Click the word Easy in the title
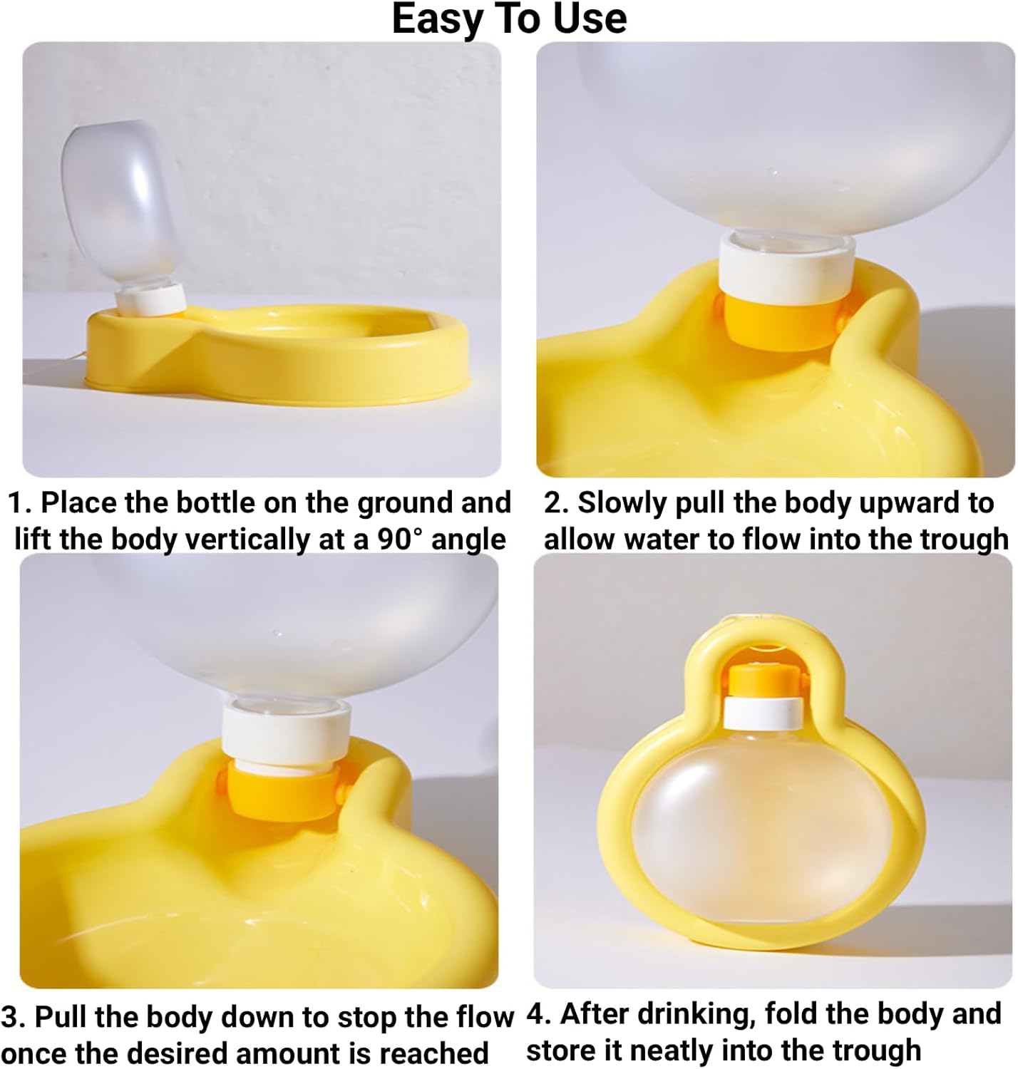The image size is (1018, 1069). [x=437, y=20]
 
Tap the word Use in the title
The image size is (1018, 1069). [x=590, y=19]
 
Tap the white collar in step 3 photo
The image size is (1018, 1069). [x=285, y=731]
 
